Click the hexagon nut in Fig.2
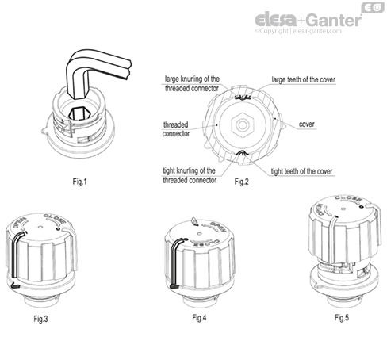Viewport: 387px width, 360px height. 239,126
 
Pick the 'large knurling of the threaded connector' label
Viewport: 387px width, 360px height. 192,83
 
